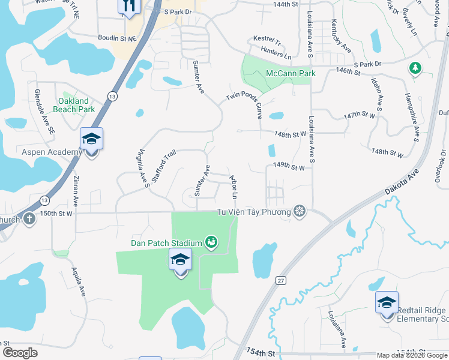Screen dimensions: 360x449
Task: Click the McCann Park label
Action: click(x=291, y=74)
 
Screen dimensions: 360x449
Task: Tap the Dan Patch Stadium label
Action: click(x=166, y=243)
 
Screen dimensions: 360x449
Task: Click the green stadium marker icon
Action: click(x=211, y=242)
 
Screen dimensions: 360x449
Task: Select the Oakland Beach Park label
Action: click(x=74, y=106)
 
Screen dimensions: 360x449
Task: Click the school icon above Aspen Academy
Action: click(x=91, y=139)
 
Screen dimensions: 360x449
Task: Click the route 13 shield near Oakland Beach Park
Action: click(x=112, y=96)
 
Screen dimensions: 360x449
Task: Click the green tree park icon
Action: click(x=415, y=68)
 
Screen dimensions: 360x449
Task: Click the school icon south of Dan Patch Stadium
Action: click(x=180, y=260)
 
